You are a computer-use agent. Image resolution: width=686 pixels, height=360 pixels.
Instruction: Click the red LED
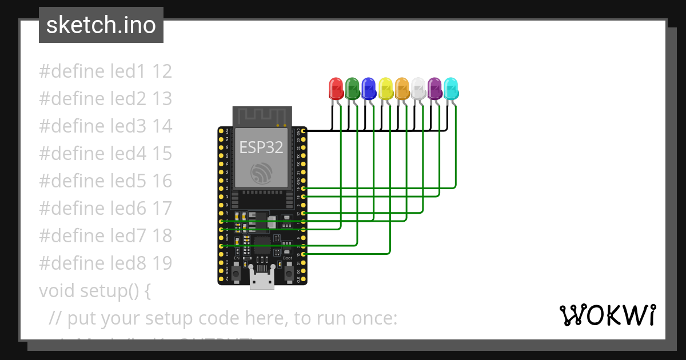pos(336,89)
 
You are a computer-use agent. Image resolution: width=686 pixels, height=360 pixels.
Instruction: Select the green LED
pos(352,89)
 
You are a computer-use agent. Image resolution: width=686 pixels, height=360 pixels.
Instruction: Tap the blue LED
pos(369,89)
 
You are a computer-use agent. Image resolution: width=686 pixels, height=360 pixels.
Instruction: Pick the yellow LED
pos(385,89)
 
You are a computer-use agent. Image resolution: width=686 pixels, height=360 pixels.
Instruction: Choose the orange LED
pos(402,89)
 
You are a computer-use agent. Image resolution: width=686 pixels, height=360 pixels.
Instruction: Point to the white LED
pos(418,89)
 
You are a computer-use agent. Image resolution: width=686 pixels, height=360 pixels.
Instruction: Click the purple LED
pos(435,89)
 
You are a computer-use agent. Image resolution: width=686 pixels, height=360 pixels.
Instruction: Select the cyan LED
pos(451,89)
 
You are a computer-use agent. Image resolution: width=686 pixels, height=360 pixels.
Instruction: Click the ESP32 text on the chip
pos(261,147)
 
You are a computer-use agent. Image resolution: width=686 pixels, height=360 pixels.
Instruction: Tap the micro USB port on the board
pos(262,281)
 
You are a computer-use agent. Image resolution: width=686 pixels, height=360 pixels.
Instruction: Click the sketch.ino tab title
pos(101,25)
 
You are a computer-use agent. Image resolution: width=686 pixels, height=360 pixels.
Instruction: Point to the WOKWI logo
pos(607,315)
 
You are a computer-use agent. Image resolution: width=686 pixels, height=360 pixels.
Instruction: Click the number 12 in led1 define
pos(162,71)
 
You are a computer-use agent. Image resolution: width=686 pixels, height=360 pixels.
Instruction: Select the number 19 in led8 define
pos(162,263)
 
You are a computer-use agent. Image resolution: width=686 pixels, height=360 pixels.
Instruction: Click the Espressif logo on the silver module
pos(262,173)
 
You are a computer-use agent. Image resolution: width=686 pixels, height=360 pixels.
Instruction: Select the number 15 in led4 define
pos(162,154)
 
